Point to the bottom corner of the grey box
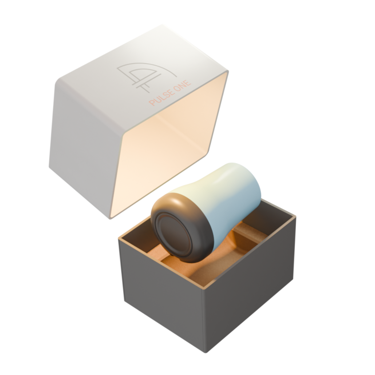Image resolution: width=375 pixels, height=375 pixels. pyautogui.click(x=205, y=353)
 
